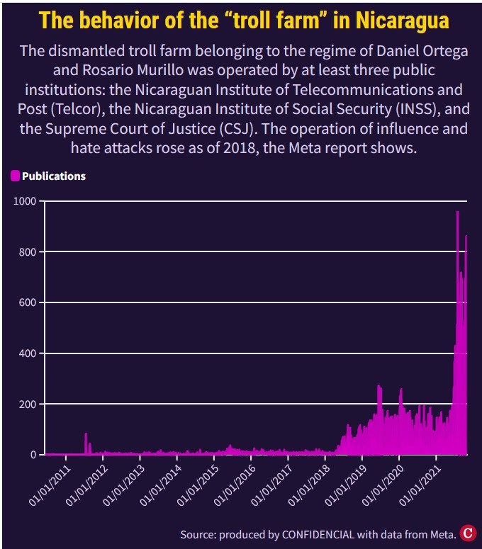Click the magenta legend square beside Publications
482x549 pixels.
coord(15,176)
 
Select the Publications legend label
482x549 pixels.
coord(53,176)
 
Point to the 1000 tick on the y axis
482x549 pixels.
coord(23,201)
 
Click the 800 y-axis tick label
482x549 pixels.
coord(26,252)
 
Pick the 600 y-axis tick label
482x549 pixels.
coord(26,302)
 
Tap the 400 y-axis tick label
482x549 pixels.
coord(26,353)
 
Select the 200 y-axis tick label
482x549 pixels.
coord(26,404)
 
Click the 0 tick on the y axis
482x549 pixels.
coord(32,455)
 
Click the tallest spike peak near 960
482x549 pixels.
coord(457,213)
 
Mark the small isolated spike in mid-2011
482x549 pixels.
coord(86,434)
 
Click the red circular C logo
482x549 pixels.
coord(467,533)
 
